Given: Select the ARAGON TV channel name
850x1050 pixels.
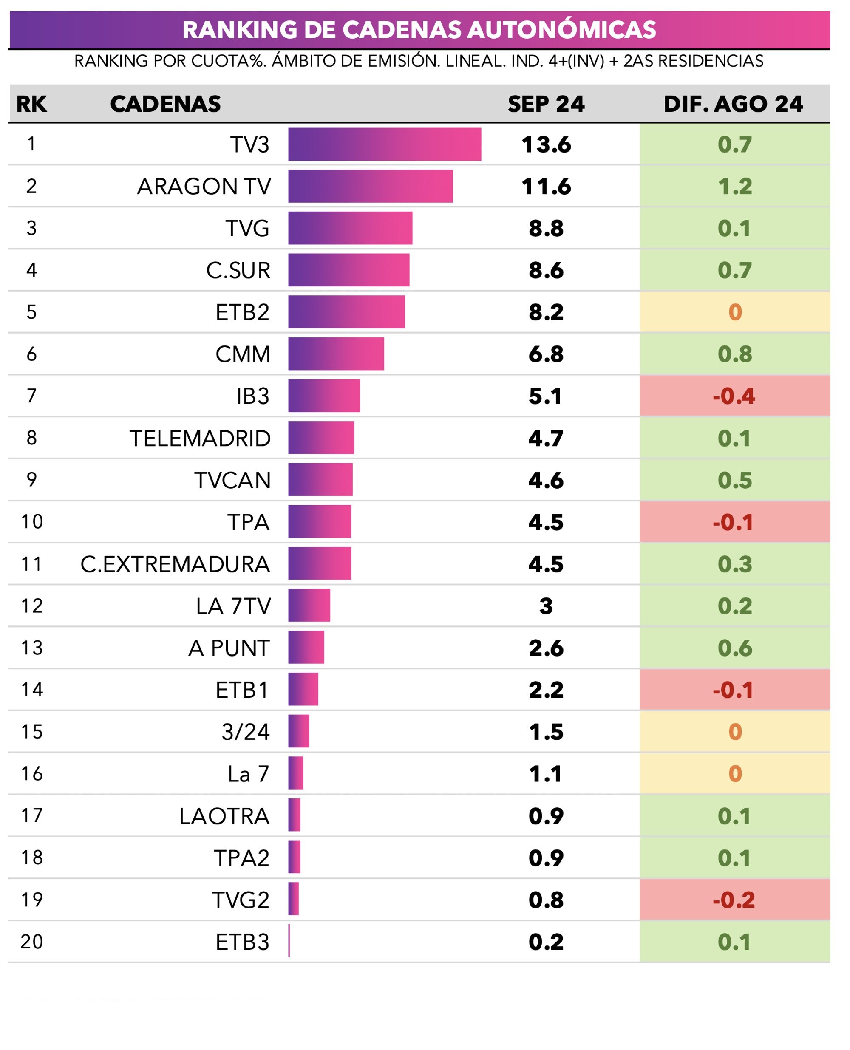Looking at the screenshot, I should pos(204,187).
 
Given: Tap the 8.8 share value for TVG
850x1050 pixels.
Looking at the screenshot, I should pos(546,229).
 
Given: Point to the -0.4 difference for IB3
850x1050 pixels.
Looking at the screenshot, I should pos(734,396).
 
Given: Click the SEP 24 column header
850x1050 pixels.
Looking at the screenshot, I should pos(546,104).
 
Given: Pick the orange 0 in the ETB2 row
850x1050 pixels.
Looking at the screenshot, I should pos(735,312).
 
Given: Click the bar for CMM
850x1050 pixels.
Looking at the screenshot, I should pos(336,354).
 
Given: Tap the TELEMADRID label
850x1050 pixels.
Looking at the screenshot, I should pos(200,439).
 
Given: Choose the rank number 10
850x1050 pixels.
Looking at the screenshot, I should pos(32,522).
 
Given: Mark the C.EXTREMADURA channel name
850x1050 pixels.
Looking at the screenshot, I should pos(175,564).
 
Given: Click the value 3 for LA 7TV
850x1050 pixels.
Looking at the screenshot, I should pos(546,606).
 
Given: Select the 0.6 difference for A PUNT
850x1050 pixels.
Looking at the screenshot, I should pos(735,648).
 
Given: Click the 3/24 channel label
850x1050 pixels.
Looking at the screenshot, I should pos(245,732).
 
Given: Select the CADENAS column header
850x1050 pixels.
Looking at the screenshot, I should pos(165,104).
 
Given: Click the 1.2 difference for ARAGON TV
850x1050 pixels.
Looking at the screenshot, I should pos(735,187).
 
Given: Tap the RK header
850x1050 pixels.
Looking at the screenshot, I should pos(31,104).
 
